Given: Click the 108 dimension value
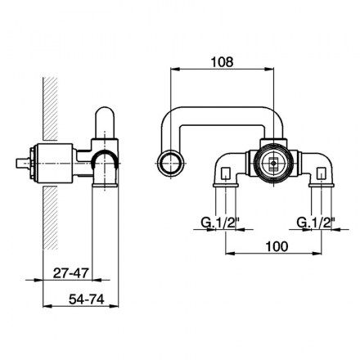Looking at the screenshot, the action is pos(223,62).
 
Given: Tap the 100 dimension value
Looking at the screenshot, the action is pos(277,246).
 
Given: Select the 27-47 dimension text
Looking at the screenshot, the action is pos(71,273).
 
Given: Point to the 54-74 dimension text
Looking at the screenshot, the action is pos(86,299).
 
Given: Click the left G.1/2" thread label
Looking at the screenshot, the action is pos(220,223).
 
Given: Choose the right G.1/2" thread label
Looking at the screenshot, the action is pos(316,223).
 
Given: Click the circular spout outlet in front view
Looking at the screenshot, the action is pos(170,163).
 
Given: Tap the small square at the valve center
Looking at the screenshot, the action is pos(273,164).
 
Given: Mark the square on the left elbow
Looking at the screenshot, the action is pos(226,173).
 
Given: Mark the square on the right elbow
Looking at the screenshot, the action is pos(322,173).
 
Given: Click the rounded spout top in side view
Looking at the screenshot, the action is pos(105,115).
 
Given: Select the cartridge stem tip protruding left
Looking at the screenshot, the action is pos(22,163).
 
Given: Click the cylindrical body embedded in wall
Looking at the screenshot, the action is pos(55,163).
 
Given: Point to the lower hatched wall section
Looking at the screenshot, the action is pos(50,218).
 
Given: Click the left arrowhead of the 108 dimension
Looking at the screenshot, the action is pos(174,70).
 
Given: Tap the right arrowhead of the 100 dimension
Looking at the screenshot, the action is pos(317,254).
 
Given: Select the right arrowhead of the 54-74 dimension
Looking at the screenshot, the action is pos(115,306).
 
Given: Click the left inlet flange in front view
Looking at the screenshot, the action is pos(226,186).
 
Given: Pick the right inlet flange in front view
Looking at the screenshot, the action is pos(322,186).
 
